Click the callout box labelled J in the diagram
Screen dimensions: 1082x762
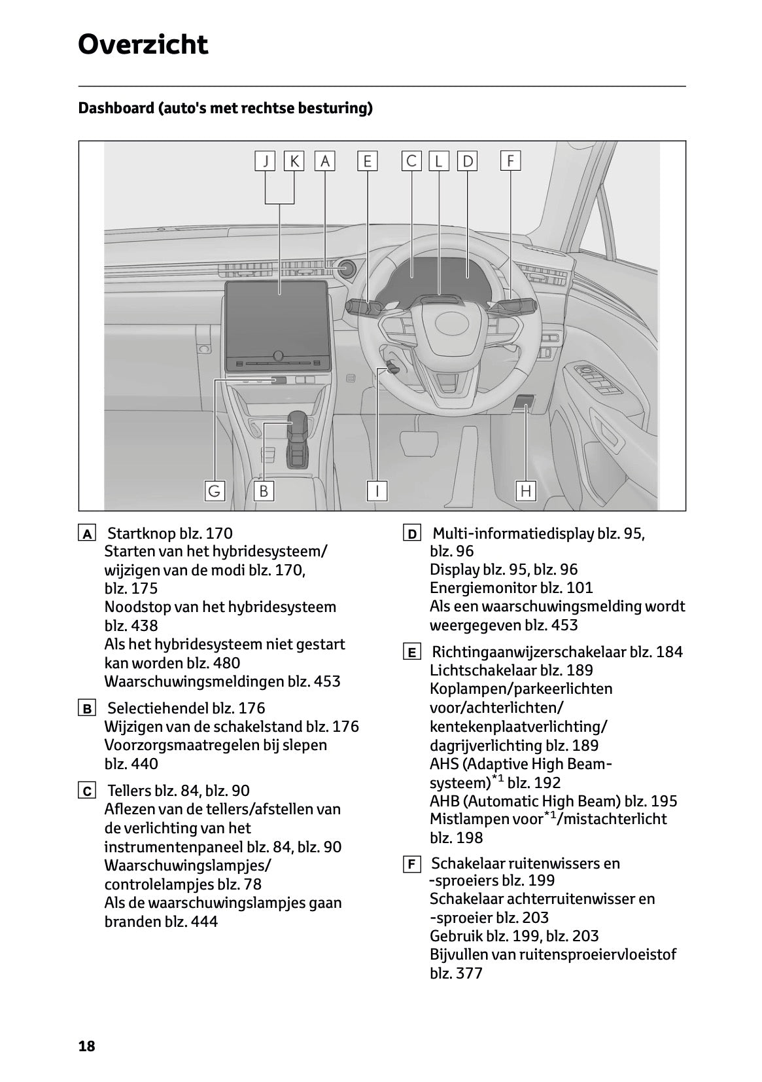tap(265, 161)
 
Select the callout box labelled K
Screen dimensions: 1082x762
tap(294, 161)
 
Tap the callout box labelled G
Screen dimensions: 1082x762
tap(214, 490)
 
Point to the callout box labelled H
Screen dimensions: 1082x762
tap(526, 490)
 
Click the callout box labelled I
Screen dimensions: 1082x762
tap(377, 490)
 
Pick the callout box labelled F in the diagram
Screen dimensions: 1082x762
tap(510, 160)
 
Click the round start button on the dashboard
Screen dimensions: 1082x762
tap(346, 268)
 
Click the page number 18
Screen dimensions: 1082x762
tap(86, 1046)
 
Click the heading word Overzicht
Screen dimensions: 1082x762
tap(143, 45)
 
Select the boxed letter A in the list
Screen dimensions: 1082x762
tap(86, 533)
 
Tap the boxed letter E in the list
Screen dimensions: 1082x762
tap(411, 653)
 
